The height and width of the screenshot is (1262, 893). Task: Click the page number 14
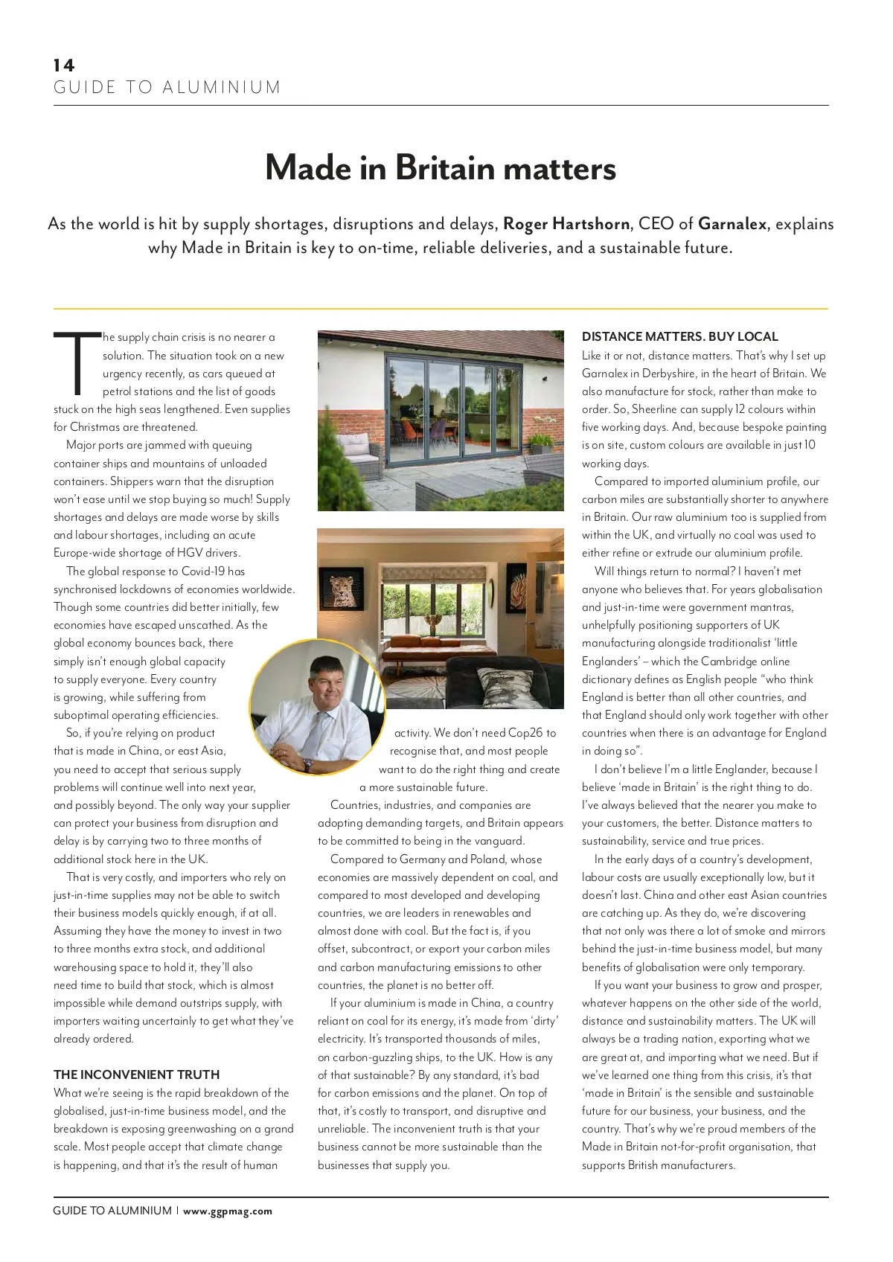click(64, 65)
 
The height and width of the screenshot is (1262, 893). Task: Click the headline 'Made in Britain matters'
click(441, 168)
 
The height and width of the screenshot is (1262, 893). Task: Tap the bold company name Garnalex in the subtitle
click(732, 224)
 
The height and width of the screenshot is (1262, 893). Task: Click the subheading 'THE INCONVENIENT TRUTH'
click(136, 1074)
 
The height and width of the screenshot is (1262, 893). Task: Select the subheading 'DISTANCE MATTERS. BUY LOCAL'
click(679, 336)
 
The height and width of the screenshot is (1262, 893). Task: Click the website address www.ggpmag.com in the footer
click(228, 1211)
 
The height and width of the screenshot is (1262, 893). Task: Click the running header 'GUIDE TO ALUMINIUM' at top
click(167, 88)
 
